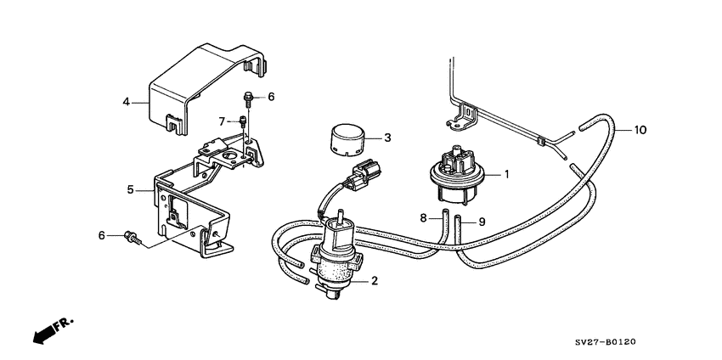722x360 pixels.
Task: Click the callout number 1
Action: (506, 175)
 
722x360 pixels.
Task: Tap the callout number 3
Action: (387, 138)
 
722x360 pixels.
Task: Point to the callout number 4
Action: (126, 102)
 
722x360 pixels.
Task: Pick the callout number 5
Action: (131, 190)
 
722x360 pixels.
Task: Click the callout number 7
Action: (222, 121)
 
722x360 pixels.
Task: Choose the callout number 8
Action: (422, 219)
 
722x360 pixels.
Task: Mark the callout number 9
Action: (481, 222)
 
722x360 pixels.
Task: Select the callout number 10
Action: (640, 130)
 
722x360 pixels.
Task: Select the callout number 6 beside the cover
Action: (272, 97)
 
